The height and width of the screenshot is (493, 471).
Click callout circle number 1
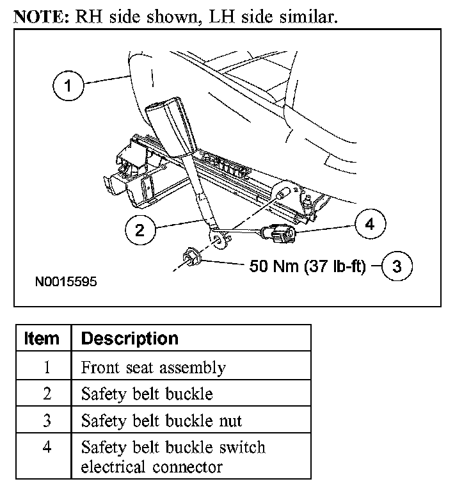click(67, 86)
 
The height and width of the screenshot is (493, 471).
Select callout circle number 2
click(140, 231)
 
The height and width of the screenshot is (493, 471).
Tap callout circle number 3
click(397, 266)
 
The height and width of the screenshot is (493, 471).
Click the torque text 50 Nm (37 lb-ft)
click(307, 266)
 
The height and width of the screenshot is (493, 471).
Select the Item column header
click(42, 338)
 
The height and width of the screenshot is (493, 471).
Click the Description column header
click(129, 338)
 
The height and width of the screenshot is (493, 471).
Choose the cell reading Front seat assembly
click(154, 368)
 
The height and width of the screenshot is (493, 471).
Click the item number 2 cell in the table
click(47, 394)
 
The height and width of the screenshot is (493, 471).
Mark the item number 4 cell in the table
click(47, 446)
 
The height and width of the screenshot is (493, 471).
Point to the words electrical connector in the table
click(152, 467)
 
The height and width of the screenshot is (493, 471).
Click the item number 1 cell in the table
click(47, 368)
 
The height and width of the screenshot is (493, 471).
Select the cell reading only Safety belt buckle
click(147, 394)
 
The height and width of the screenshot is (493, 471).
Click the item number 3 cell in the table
click(47, 420)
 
